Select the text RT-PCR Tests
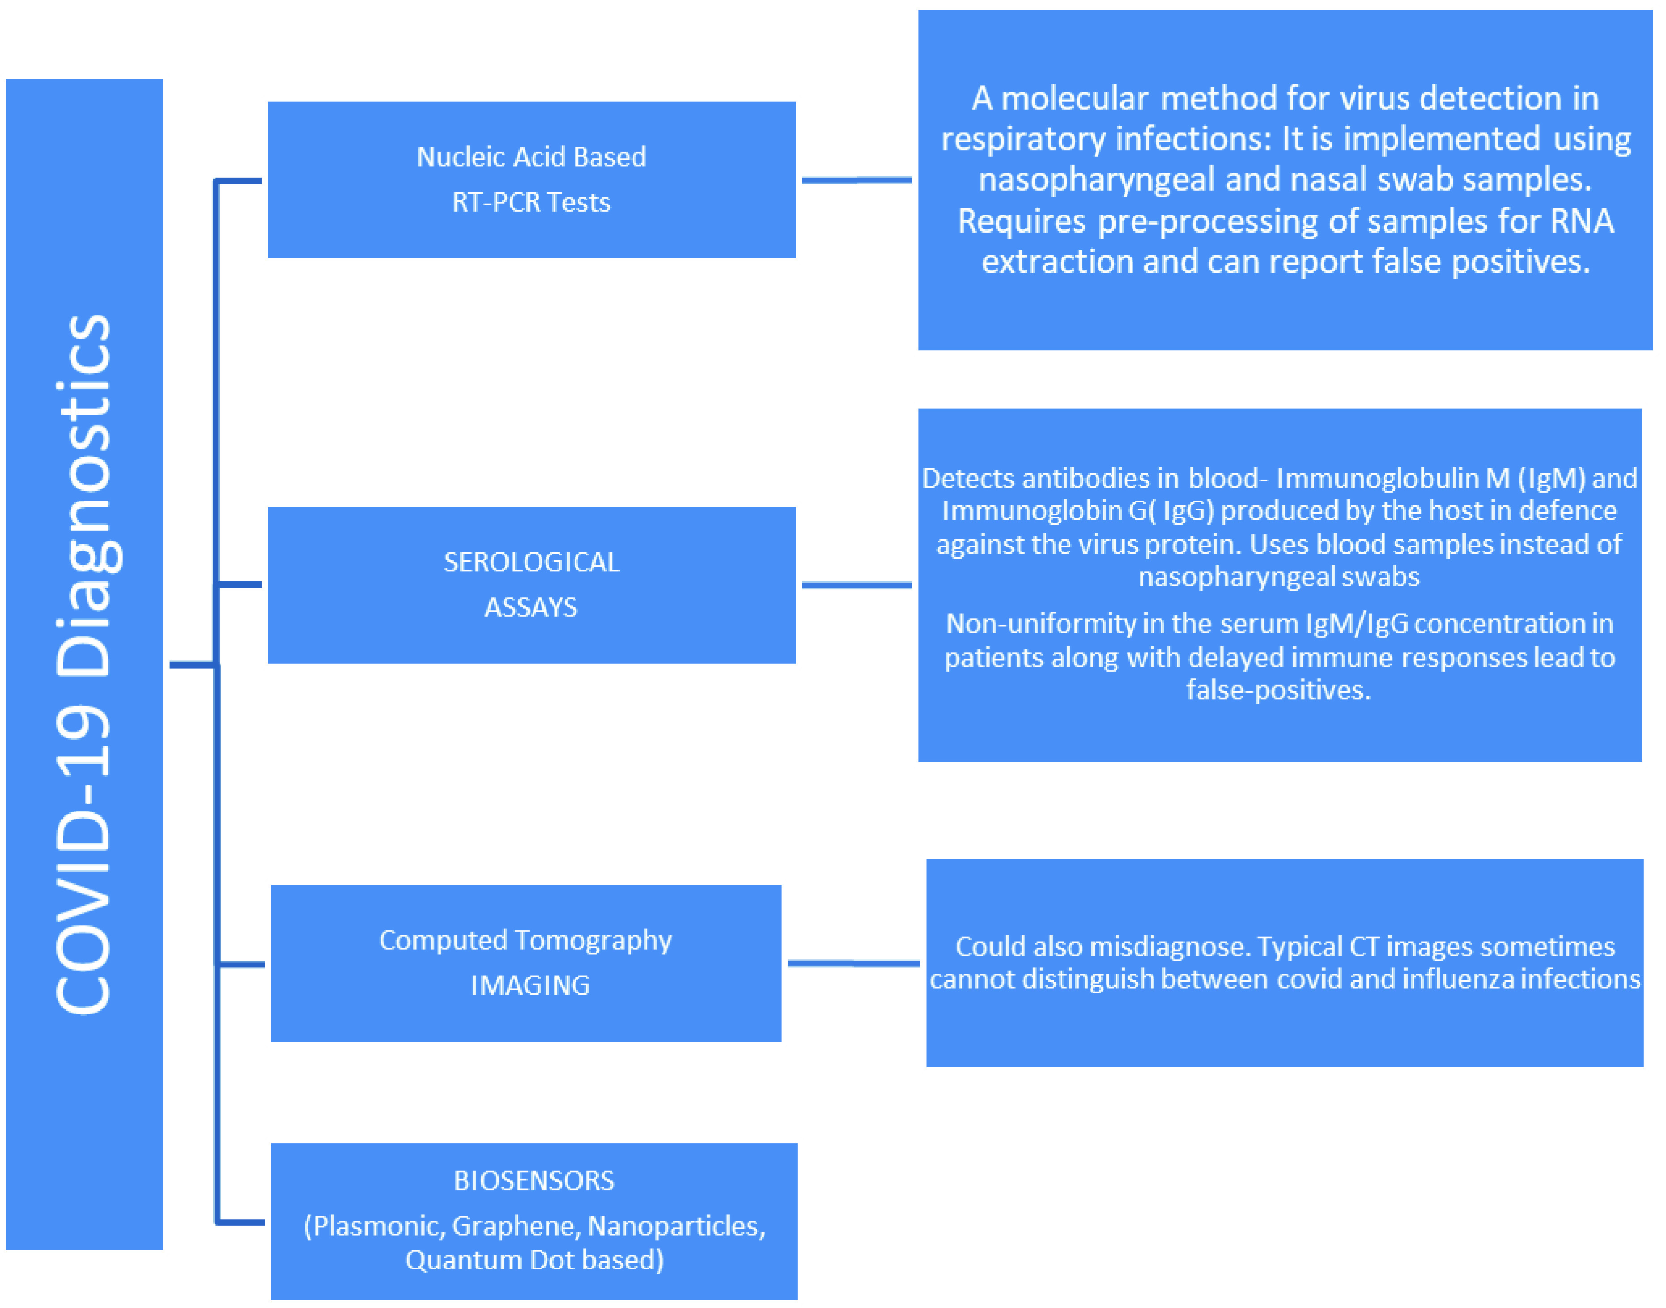coord(531,202)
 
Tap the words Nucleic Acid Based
coord(531,157)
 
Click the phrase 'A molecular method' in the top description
coord(1060,98)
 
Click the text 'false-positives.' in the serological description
coord(1279,690)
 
